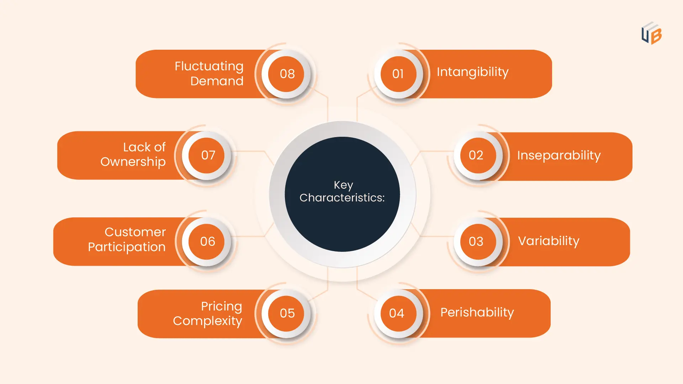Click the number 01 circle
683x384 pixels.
click(x=398, y=74)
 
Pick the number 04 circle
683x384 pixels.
click(x=397, y=313)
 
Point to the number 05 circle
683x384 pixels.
click(x=287, y=313)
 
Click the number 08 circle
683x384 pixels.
click(x=287, y=74)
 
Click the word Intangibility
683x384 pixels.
click(x=472, y=72)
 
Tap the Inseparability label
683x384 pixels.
click(x=558, y=156)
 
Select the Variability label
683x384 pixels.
click(x=549, y=241)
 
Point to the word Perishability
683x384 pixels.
click(x=477, y=312)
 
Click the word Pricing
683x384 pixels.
click(x=221, y=306)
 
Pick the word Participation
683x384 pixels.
click(x=127, y=247)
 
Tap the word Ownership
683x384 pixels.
click(x=133, y=162)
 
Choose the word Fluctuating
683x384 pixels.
click(x=209, y=66)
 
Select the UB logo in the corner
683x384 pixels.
click(x=651, y=33)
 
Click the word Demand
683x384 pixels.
click(x=217, y=81)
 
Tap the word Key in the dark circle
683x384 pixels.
click(x=343, y=185)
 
